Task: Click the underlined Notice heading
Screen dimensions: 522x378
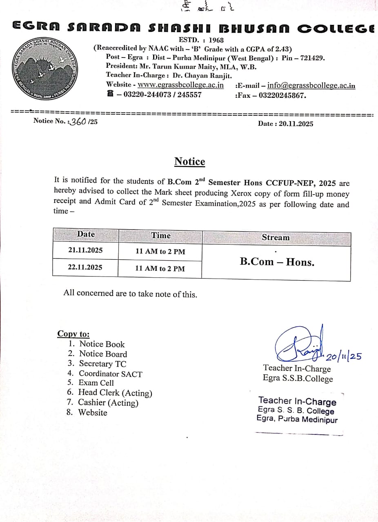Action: point(190,161)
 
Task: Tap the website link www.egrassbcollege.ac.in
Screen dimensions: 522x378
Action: point(180,85)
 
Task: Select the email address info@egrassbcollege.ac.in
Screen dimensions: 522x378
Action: point(311,86)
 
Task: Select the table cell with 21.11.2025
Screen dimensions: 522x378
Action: point(85,250)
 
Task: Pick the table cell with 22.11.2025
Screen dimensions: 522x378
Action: point(85,268)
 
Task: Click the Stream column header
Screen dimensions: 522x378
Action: point(276,237)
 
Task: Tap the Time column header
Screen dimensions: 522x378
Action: point(161,235)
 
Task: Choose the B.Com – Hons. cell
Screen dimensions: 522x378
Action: point(277,262)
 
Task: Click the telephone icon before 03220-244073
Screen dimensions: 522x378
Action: point(110,94)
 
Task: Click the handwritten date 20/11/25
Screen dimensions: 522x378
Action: point(344,356)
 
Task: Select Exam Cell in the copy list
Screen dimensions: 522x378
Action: point(96,383)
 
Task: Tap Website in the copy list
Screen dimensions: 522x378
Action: point(93,412)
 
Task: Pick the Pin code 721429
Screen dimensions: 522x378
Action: point(312,58)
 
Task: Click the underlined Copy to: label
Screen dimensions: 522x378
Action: point(73,334)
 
